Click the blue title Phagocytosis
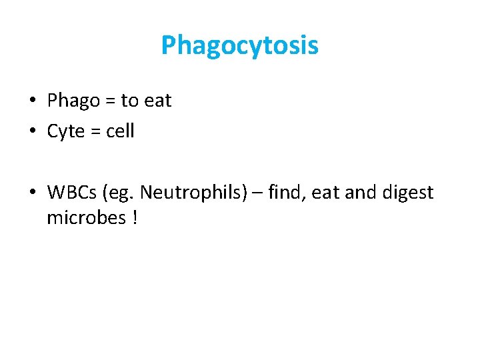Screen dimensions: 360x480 pyautogui.click(x=240, y=46)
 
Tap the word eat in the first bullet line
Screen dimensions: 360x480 pyautogui.click(x=158, y=101)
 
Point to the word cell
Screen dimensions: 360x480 pyautogui.click(x=120, y=131)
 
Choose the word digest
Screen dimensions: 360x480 pyautogui.click(x=408, y=193)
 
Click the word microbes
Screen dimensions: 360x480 pyautogui.click(x=85, y=218)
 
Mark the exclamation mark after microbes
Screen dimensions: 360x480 pyautogui.click(x=134, y=218)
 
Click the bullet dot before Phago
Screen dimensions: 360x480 pyautogui.click(x=32, y=101)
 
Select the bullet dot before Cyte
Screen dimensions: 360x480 pyautogui.click(x=32, y=132)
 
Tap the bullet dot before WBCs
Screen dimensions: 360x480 pyautogui.click(x=32, y=193)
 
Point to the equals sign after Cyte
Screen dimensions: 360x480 pyautogui.click(x=95, y=132)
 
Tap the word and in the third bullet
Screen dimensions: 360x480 pyautogui.click(x=361, y=193)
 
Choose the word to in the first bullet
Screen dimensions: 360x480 pyautogui.click(x=130, y=101)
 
